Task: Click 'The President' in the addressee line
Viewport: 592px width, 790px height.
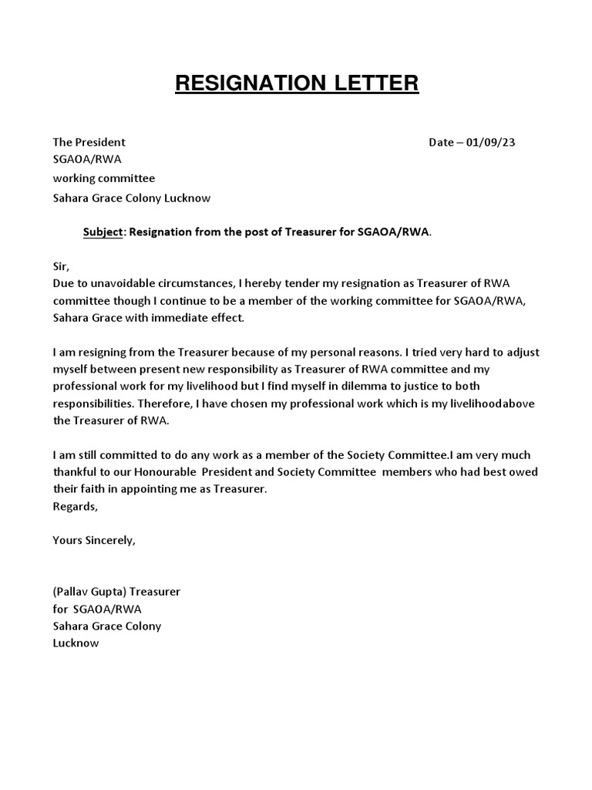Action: pos(89,142)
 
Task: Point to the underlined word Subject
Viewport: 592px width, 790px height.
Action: pos(103,232)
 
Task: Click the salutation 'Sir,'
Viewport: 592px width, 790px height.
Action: pos(61,266)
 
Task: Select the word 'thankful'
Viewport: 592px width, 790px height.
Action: pos(76,472)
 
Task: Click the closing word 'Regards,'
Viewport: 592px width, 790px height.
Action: pos(76,506)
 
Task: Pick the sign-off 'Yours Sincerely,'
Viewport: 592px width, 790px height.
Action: pos(94,540)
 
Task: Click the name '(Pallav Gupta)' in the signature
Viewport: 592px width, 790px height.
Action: pos(89,592)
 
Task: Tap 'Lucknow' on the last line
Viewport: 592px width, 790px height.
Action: pos(76,643)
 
